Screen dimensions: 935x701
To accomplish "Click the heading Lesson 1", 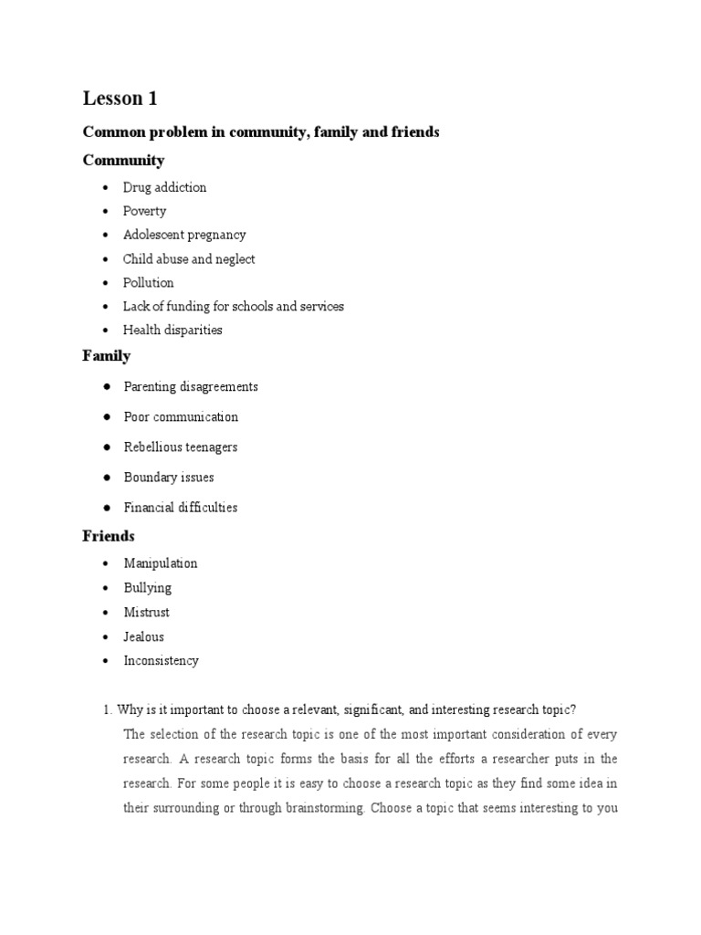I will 120,99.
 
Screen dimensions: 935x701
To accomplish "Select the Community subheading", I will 123,161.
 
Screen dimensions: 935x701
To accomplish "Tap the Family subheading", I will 107,356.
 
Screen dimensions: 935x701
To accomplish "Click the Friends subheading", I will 109,535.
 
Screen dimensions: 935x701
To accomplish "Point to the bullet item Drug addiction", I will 164,187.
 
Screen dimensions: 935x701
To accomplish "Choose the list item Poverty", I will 144,211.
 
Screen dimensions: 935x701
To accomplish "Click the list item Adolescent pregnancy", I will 184,235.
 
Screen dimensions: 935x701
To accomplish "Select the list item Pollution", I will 149,282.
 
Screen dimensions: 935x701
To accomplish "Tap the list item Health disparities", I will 173,330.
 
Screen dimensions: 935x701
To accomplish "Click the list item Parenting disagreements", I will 191,386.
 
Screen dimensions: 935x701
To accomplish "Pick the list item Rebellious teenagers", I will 181,446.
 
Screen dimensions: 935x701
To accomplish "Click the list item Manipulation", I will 160,563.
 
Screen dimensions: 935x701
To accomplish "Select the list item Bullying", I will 147,588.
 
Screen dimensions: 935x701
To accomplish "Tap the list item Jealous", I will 144,636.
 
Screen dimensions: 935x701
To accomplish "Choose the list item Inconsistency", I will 161,660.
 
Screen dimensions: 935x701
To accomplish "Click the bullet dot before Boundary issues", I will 107,477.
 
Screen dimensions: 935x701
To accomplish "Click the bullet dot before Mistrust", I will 105,612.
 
